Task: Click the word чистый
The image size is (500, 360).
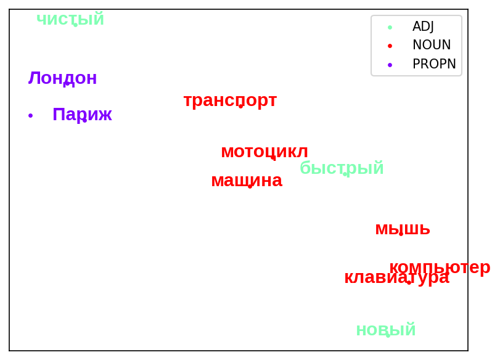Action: [x=70, y=19]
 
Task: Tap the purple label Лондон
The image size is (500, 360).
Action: [x=62, y=78]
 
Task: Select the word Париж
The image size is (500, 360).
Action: [x=82, y=114]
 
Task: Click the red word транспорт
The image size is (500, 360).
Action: [x=230, y=100]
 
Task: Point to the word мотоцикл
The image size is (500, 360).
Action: [x=264, y=152]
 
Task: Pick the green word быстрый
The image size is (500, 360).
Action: [x=342, y=168]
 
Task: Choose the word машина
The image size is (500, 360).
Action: [x=247, y=181]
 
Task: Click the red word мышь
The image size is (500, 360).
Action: [x=403, y=229]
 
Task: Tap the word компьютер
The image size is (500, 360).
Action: [x=440, y=267]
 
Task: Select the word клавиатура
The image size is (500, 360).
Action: [x=396, y=277]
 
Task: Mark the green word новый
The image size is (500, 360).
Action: [x=386, y=329]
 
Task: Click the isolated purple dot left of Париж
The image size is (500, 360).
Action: [x=31, y=115]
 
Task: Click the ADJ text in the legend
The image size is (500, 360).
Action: [x=423, y=27]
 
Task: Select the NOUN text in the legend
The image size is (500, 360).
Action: [x=432, y=45]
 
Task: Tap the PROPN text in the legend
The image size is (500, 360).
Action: [x=434, y=63]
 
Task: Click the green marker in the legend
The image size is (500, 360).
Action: [x=390, y=27]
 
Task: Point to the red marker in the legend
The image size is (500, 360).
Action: [x=390, y=46]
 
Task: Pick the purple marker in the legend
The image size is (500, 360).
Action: [x=390, y=65]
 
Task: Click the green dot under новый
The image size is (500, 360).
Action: [x=388, y=335]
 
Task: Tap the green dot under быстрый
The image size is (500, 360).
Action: [x=345, y=174]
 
